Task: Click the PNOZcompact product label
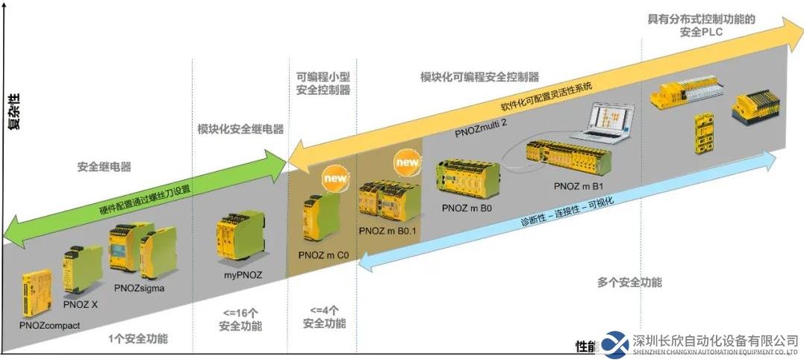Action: (x=50, y=325)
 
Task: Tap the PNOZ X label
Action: (x=81, y=305)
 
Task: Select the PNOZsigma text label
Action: (x=139, y=288)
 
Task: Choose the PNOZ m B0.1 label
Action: (x=387, y=232)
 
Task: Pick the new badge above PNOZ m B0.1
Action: (x=408, y=161)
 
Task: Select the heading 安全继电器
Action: (x=100, y=166)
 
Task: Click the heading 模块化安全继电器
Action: (x=240, y=128)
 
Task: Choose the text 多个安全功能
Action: (x=629, y=282)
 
